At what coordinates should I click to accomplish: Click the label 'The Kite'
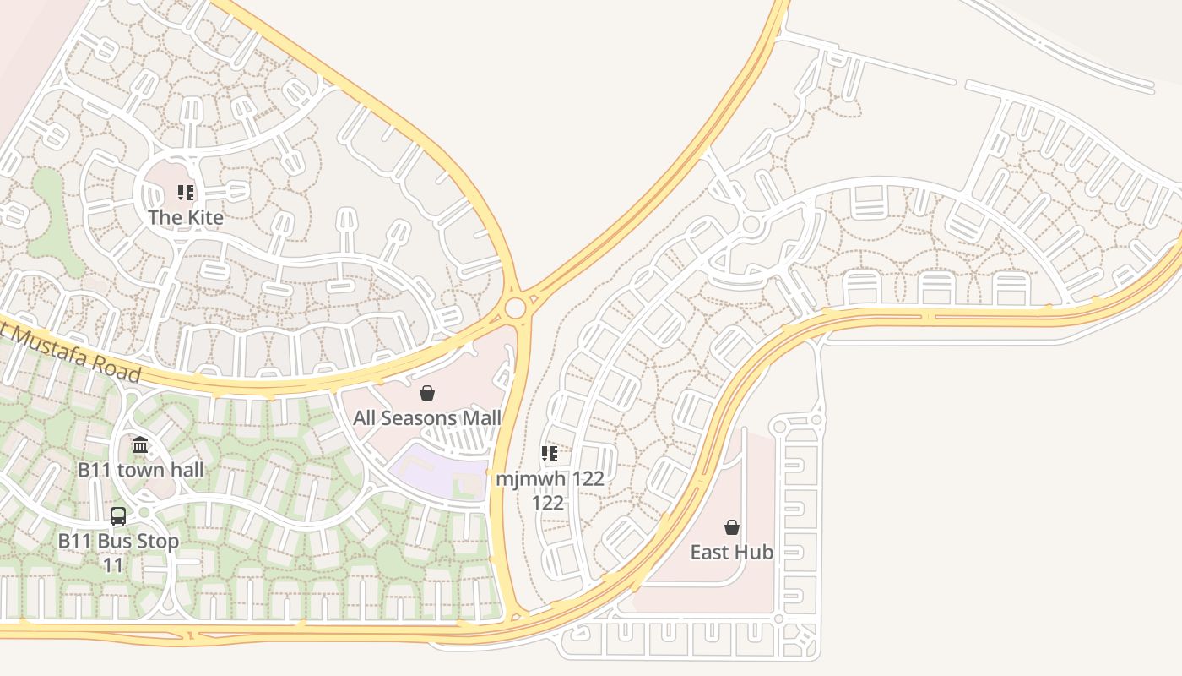pos(186,217)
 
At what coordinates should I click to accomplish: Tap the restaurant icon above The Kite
pos(186,193)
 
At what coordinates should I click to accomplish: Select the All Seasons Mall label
pos(427,417)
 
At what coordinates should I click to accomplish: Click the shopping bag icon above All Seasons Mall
pos(427,393)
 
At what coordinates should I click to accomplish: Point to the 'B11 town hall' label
pos(141,469)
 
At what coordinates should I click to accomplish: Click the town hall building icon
pos(140,444)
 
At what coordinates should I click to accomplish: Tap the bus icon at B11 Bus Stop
pos(118,515)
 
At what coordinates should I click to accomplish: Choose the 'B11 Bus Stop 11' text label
pos(118,552)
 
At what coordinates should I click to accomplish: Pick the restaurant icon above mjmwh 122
pos(550,454)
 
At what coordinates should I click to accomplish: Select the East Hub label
pos(732,552)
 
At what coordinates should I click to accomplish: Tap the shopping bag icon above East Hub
pos(732,527)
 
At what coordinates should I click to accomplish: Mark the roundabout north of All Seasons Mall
pos(516,308)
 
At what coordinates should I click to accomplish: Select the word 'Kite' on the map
pos(204,217)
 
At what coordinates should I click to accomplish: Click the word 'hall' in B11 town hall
pos(185,469)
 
